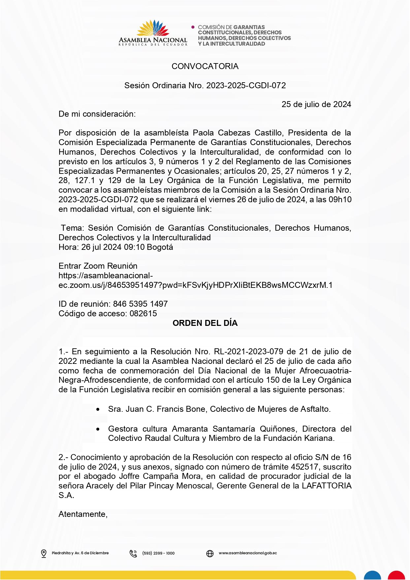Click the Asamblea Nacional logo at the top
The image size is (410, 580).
click(153, 33)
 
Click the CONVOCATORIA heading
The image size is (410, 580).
click(205, 66)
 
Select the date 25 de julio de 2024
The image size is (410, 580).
click(316, 104)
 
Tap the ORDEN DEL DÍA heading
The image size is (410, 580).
click(205, 323)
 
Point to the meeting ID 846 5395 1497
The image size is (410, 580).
click(141, 304)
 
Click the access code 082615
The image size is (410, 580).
click(143, 314)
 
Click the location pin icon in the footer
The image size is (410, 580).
click(44, 553)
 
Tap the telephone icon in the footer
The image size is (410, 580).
click(133, 553)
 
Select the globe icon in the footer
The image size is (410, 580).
click(210, 553)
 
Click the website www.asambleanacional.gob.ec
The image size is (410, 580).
click(248, 553)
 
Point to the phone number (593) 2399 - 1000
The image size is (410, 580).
click(158, 553)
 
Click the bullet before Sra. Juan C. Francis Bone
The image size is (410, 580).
click(98, 410)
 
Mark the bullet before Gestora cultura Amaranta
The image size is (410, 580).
click(98, 429)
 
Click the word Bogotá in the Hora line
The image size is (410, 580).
click(160, 247)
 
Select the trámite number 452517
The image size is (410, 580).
click(306, 467)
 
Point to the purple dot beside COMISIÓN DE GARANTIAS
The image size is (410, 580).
click(193, 27)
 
